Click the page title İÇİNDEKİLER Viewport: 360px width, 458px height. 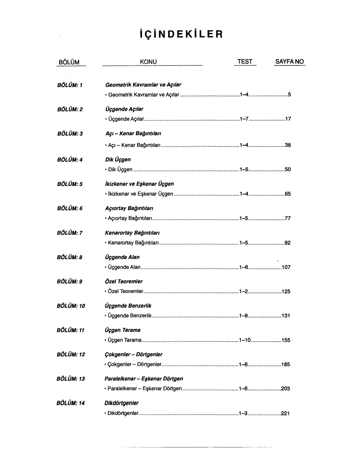181,34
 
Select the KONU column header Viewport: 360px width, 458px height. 148,62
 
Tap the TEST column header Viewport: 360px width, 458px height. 245,62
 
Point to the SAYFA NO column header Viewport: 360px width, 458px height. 289,62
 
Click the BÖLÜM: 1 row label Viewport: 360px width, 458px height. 70,85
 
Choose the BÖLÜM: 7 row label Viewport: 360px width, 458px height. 70,233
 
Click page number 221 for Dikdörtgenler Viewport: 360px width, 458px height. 285,413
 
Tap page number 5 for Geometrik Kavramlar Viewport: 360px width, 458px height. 289,95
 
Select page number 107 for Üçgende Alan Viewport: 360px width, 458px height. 286,267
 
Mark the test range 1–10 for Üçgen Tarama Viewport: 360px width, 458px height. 245,340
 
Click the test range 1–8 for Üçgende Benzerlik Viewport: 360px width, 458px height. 243,315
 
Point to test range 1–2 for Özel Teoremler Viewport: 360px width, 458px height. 243,292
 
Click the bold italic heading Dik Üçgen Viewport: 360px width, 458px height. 118,159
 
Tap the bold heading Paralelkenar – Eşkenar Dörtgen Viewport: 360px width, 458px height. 144,378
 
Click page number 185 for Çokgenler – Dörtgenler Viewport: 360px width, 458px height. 286,364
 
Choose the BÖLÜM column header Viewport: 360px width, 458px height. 69,62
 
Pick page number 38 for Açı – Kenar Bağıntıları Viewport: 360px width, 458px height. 288,145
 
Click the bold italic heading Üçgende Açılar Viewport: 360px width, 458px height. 124,109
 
